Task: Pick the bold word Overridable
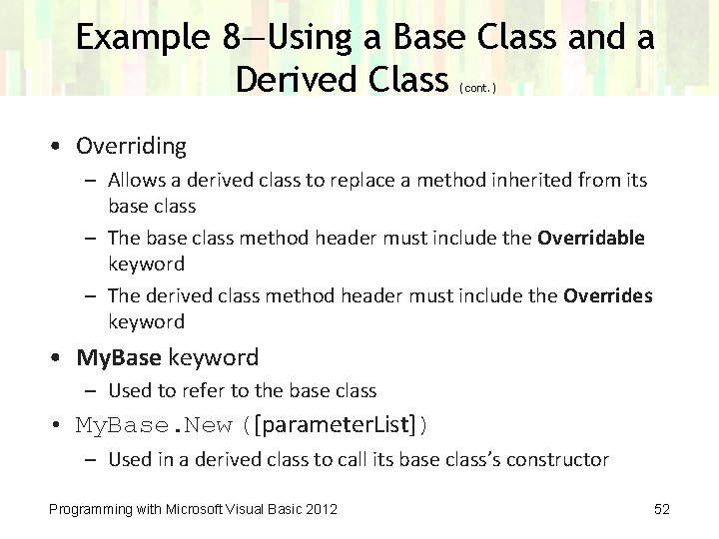[591, 239]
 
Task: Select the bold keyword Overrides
[607, 295]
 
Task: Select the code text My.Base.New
[154, 425]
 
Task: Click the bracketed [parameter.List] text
[337, 425]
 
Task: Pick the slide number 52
[661, 510]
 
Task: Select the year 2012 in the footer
[321, 510]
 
